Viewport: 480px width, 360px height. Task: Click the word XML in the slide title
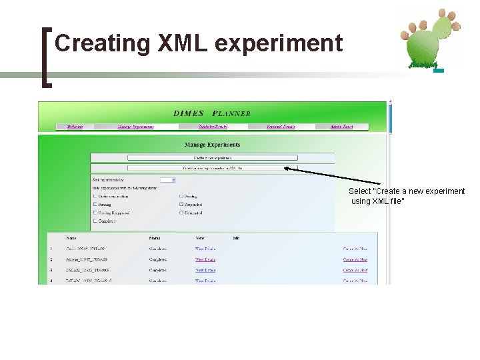(183, 43)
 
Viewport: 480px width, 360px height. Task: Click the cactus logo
(429, 39)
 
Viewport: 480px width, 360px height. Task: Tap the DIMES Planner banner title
(212, 113)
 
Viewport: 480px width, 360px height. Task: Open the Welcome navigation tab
(75, 127)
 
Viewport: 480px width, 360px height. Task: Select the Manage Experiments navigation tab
(135, 127)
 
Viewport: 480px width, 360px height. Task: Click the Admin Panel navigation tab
(342, 127)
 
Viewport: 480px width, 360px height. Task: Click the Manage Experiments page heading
(212, 145)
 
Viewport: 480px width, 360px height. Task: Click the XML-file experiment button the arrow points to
(212, 169)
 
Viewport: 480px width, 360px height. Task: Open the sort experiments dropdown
(168, 180)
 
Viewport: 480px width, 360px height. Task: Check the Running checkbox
(95, 205)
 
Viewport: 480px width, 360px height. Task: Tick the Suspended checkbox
(181, 205)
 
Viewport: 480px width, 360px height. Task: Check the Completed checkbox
(95, 221)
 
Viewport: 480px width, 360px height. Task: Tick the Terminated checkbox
(181, 213)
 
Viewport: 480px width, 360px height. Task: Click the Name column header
(71, 238)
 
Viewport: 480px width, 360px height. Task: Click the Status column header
(155, 238)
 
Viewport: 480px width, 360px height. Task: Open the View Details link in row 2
(205, 260)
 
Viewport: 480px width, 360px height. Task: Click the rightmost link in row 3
(355, 271)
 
